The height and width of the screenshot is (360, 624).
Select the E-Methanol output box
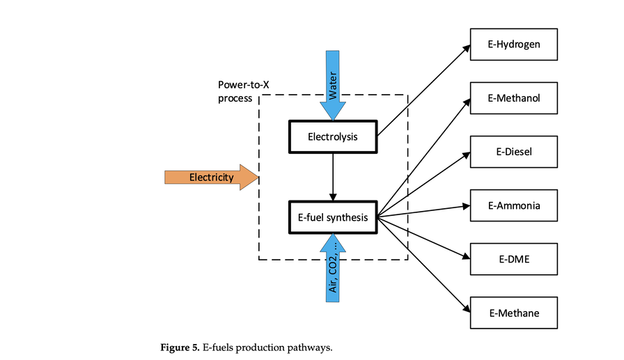coord(514,99)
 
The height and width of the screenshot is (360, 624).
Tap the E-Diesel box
coord(514,152)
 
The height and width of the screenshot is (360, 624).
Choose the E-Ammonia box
coord(514,205)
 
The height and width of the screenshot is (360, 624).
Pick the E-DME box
coord(514,259)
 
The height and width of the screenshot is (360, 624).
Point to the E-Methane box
coord(514,312)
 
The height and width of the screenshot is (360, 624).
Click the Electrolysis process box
coord(332,136)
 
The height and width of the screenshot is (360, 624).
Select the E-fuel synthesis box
coord(332,217)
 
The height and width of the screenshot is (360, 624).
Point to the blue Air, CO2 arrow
coord(332,268)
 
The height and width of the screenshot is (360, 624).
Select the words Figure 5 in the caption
coord(180,347)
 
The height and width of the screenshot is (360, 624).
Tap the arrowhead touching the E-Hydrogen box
coord(467,48)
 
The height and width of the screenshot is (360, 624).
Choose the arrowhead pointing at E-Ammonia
coord(467,206)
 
